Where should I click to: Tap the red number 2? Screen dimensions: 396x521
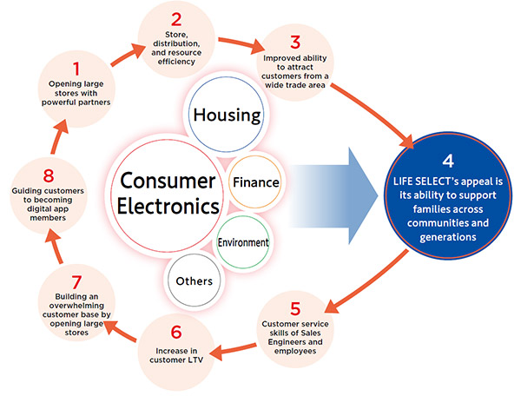(x=175, y=18)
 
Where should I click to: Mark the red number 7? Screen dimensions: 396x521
(x=76, y=283)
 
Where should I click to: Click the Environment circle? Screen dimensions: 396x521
(x=243, y=242)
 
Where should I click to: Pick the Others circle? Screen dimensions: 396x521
(x=195, y=280)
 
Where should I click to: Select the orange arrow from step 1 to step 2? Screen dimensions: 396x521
(x=123, y=50)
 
